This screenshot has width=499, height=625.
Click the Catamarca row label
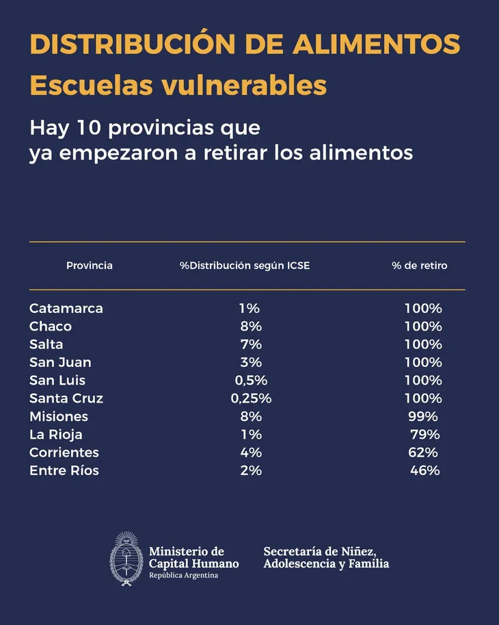(66, 309)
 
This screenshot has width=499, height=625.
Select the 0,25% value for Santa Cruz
(250, 398)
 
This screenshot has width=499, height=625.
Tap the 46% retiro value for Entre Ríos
(424, 470)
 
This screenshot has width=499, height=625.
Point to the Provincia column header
(90, 266)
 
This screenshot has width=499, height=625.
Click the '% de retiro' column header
(420, 266)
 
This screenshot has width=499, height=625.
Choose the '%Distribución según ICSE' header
(245, 266)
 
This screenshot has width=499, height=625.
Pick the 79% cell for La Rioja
(424, 435)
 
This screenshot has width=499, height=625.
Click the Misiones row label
(59, 417)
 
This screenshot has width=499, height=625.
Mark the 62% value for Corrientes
(423, 452)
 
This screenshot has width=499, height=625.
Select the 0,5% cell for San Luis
(250, 381)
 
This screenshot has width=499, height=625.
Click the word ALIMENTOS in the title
(376, 44)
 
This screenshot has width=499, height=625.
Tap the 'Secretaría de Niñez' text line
(320, 551)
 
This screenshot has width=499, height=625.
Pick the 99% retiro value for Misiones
(423, 417)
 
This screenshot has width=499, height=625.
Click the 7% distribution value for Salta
(250, 344)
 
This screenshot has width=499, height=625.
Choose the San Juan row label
(60, 363)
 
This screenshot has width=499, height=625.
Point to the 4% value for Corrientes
(250, 452)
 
